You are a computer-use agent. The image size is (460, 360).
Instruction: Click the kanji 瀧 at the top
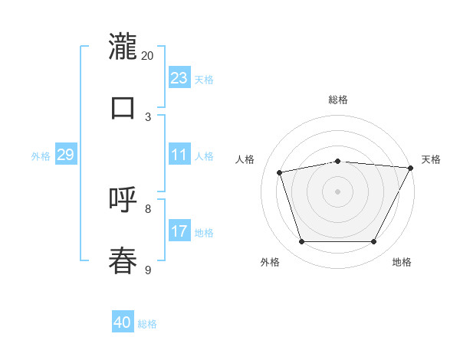tap(123, 47)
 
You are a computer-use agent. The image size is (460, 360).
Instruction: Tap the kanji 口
tap(123, 108)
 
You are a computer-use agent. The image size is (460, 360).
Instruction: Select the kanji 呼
tap(123, 200)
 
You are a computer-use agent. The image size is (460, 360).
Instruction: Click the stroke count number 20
tap(148, 56)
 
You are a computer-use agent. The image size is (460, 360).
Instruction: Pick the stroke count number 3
tap(148, 116)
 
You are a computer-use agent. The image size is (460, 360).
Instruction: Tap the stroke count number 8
tap(148, 208)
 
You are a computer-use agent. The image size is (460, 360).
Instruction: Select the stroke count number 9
tap(148, 270)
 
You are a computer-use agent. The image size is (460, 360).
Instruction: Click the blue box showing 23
tap(179, 78)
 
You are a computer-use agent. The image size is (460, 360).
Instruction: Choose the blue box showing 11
tap(179, 155)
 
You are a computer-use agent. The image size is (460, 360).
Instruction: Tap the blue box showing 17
tap(179, 231)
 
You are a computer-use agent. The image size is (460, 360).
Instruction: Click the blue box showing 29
tap(65, 155)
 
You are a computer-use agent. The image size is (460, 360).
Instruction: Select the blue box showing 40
tap(123, 322)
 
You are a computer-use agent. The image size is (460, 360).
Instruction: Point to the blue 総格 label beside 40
tap(147, 324)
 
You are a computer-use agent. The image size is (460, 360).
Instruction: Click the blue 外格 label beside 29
tap(41, 156)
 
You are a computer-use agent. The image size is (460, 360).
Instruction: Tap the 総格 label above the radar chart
tap(338, 100)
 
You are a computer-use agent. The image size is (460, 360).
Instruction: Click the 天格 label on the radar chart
tap(431, 159)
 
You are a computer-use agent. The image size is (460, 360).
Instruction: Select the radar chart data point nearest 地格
tap(374, 242)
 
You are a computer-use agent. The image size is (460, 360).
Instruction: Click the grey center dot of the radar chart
tap(337, 191)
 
